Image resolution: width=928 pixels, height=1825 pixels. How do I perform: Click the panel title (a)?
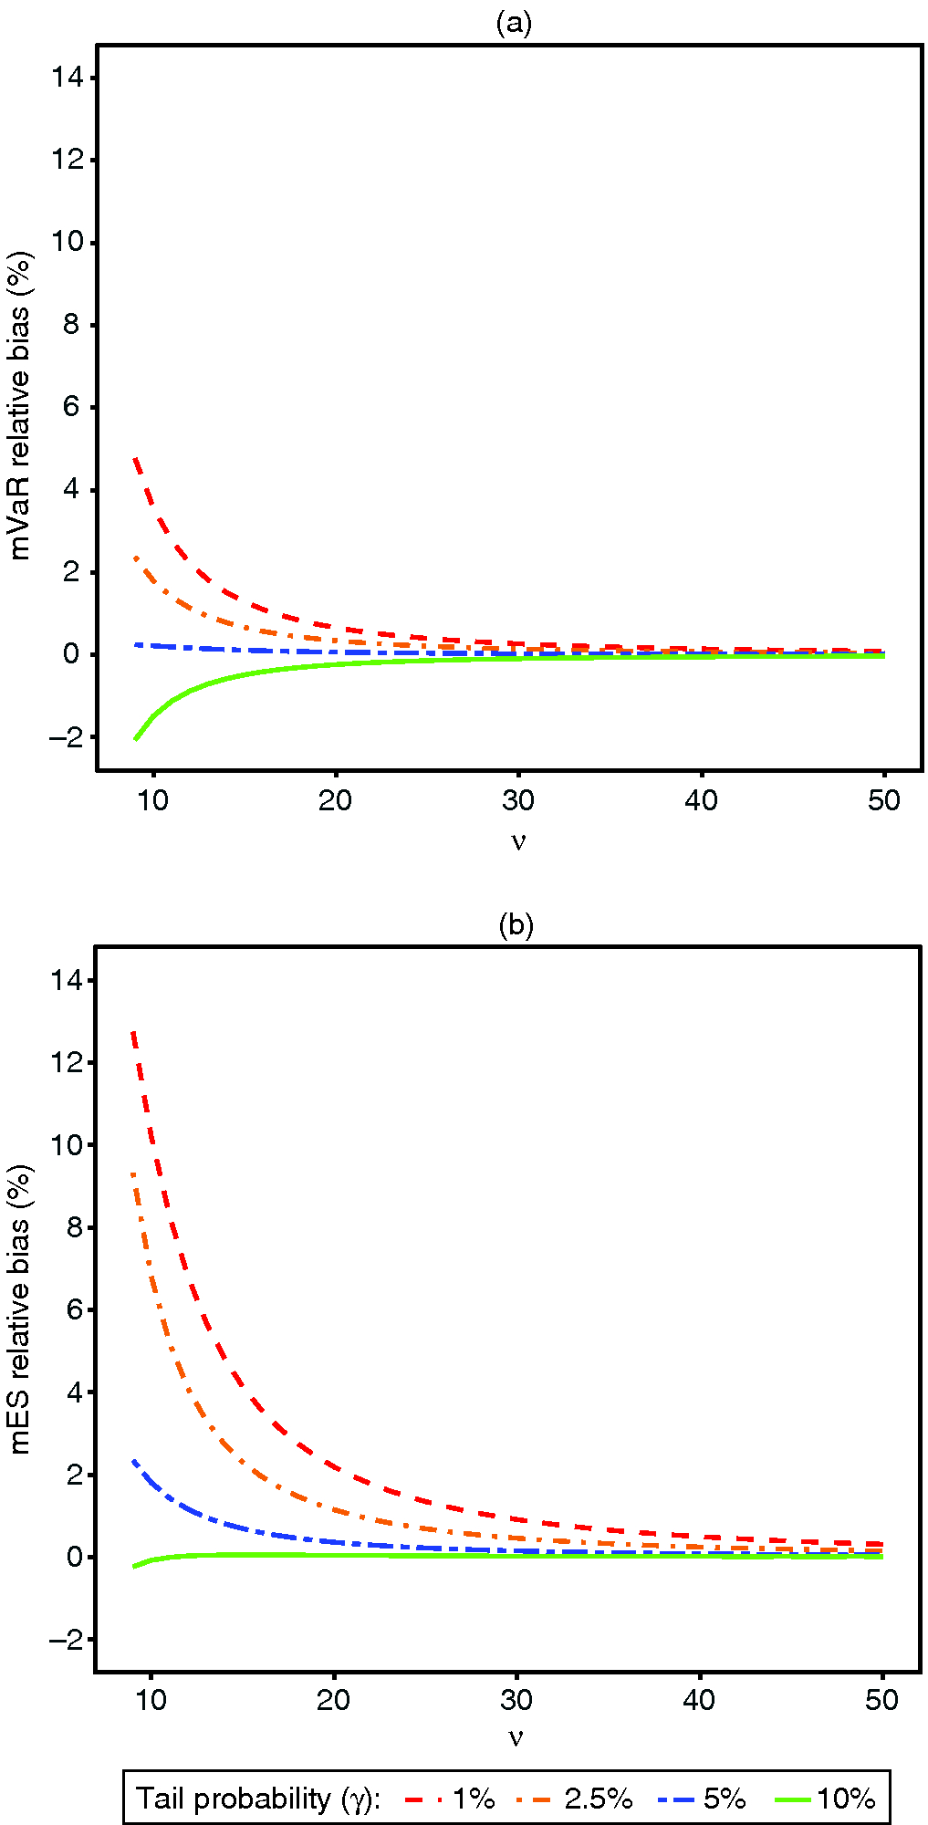pyautogui.click(x=514, y=23)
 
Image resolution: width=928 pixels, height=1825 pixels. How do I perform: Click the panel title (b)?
pyautogui.click(x=516, y=925)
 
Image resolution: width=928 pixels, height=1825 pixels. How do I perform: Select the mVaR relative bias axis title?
pyautogui.click(x=20, y=405)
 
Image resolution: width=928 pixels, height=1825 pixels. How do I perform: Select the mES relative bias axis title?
pyautogui.click(x=20, y=1309)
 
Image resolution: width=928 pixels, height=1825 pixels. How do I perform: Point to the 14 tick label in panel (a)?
pyautogui.click(x=67, y=78)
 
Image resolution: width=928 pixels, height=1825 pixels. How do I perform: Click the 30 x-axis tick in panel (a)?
pyautogui.click(x=518, y=801)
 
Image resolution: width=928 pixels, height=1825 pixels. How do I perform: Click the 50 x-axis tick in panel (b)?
pyautogui.click(x=882, y=1700)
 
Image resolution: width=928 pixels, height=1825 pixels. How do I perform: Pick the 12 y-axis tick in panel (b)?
pyautogui.click(x=67, y=1062)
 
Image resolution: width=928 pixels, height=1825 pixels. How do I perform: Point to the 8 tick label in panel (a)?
pyautogui.click(x=72, y=325)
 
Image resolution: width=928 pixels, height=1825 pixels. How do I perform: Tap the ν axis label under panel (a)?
pyautogui.click(x=518, y=840)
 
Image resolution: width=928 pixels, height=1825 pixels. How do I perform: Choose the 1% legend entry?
pyautogui.click(x=474, y=1799)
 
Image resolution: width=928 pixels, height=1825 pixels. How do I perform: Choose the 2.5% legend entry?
pyautogui.click(x=598, y=1799)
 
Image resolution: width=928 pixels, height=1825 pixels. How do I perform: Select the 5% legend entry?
pyautogui.click(x=725, y=1799)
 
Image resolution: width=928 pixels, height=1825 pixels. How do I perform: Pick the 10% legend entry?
pyautogui.click(x=846, y=1799)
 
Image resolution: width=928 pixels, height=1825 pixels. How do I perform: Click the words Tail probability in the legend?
pyautogui.click(x=233, y=1799)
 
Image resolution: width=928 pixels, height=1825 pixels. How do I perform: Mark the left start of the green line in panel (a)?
pyautogui.click(x=135, y=738)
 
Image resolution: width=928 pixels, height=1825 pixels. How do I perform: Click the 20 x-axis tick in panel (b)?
pyautogui.click(x=334, y=1700)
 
